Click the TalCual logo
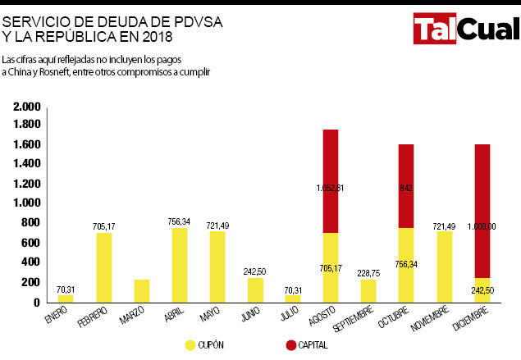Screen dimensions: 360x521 [465, 31]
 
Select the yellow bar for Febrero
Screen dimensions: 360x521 [104, 267]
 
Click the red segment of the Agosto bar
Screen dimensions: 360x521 [331, 180]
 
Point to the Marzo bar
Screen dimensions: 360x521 [142, 291]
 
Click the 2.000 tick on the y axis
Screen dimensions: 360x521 [27, 107]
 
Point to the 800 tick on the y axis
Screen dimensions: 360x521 [30, 223]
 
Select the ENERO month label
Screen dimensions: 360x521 [56, 316]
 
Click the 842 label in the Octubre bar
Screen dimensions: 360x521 [406, 188]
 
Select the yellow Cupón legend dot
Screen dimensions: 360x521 [190, 345]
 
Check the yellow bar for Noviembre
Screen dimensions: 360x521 [444, 267]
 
